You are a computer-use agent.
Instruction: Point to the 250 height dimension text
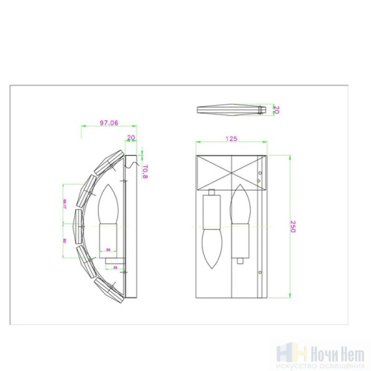tap(292, 226)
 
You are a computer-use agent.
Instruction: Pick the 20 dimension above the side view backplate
tap(131, 138)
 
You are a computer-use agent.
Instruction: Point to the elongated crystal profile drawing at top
tap(232, 110)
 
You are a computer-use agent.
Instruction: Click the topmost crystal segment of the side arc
tap(116, 159)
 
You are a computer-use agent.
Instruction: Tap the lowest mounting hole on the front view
tap(260, 273)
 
